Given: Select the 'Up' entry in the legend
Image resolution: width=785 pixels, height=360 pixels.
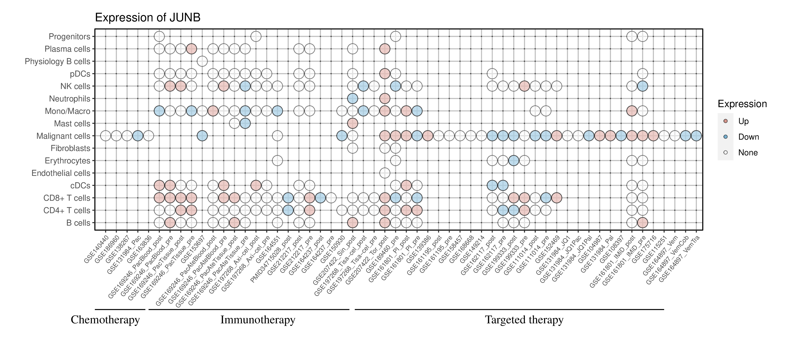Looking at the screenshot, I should pos(743,121).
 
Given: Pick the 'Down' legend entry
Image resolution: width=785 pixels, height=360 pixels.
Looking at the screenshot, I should pos(748,137).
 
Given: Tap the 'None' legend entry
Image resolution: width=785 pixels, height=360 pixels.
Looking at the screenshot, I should pos(747,153).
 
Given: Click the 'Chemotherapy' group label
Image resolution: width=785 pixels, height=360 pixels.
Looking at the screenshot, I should pos(105,320).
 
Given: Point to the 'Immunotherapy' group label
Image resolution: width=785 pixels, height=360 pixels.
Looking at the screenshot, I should pos(258,320).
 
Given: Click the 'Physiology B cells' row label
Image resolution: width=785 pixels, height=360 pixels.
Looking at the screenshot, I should pos(58,61).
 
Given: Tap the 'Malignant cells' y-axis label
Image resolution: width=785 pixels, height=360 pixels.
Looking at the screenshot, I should pos(63,136).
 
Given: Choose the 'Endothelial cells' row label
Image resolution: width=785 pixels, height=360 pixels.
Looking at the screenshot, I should pos(61,173).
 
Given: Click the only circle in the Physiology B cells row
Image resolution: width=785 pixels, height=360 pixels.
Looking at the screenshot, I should pos(202,61).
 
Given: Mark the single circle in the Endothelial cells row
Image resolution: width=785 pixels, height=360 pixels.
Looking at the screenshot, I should pos(385,173).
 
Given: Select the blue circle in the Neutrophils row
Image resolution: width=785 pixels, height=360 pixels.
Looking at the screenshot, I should pos(352,98).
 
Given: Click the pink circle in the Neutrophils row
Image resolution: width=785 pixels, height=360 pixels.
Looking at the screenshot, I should pos(385,98).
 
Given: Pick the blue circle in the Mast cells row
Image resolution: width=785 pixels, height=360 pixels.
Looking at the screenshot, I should pos(245,123).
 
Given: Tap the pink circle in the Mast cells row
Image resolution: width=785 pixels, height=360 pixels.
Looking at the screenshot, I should pos(352,123).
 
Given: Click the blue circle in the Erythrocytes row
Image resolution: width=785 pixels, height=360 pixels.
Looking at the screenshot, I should pos(514,161).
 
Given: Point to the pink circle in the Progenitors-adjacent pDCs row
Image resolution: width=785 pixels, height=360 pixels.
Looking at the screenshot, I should pos(385,74).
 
